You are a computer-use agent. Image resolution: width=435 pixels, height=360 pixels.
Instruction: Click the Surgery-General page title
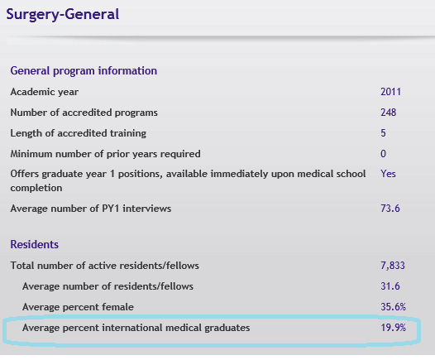point(63,14)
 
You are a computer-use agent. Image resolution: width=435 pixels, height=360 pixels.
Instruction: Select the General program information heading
point(84,71)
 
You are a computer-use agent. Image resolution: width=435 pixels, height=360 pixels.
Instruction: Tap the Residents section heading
point(35,244)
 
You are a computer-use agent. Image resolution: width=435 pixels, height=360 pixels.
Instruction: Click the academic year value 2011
point(390,92)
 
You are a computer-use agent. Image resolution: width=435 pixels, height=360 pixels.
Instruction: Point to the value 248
point(389,113)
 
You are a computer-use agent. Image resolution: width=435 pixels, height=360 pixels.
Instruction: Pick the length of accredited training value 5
point(383,133)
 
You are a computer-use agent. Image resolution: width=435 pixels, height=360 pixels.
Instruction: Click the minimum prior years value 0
point(383,154)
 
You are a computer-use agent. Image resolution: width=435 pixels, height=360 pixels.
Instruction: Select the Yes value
point(388,174)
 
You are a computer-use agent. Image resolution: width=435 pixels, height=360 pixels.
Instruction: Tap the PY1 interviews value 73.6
point(390,209)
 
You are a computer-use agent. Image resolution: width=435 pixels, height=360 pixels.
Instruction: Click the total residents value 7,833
point(393,266)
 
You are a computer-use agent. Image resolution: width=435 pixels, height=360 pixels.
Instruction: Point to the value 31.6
point(390,286)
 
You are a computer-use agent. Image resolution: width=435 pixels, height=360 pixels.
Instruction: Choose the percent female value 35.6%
point(393,307)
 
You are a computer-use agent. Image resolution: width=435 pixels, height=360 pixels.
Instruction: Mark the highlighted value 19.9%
point(393,328)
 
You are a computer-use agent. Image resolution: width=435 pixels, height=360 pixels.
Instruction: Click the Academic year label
point(45,92)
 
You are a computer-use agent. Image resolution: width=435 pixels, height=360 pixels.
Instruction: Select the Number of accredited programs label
point(84,113)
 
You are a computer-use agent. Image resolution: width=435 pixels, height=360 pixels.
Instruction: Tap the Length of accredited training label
point(78,133)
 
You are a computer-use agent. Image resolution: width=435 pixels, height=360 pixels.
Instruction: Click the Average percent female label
point(78,307)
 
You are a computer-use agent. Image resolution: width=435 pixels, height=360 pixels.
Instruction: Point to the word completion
point(36,188)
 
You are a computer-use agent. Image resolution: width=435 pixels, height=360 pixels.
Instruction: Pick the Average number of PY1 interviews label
point(91,209)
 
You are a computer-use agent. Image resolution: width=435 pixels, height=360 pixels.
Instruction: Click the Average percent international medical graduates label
point(136,328)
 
